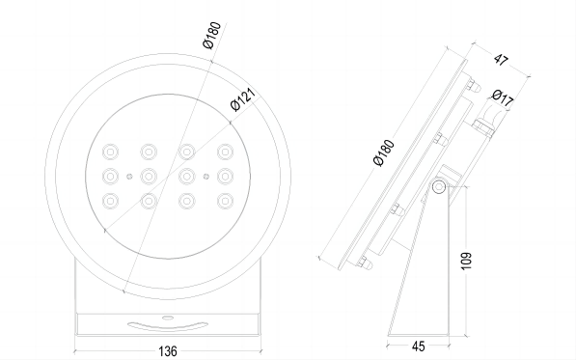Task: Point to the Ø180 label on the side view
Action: click(x=383, y=155)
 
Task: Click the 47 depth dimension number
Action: click(x=501, y=60)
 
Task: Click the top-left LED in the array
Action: click(x=110, y=151)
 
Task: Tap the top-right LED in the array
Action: click(x=225, y=151)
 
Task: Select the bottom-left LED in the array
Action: click(x=110, y=200)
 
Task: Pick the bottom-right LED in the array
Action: click(x=225, y=200)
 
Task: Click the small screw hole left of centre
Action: click(x=129, y=176)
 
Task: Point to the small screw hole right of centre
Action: click(x=206, y=176)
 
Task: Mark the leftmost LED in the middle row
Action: click(x=110, y=176)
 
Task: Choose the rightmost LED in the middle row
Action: click(x=225, y=176)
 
